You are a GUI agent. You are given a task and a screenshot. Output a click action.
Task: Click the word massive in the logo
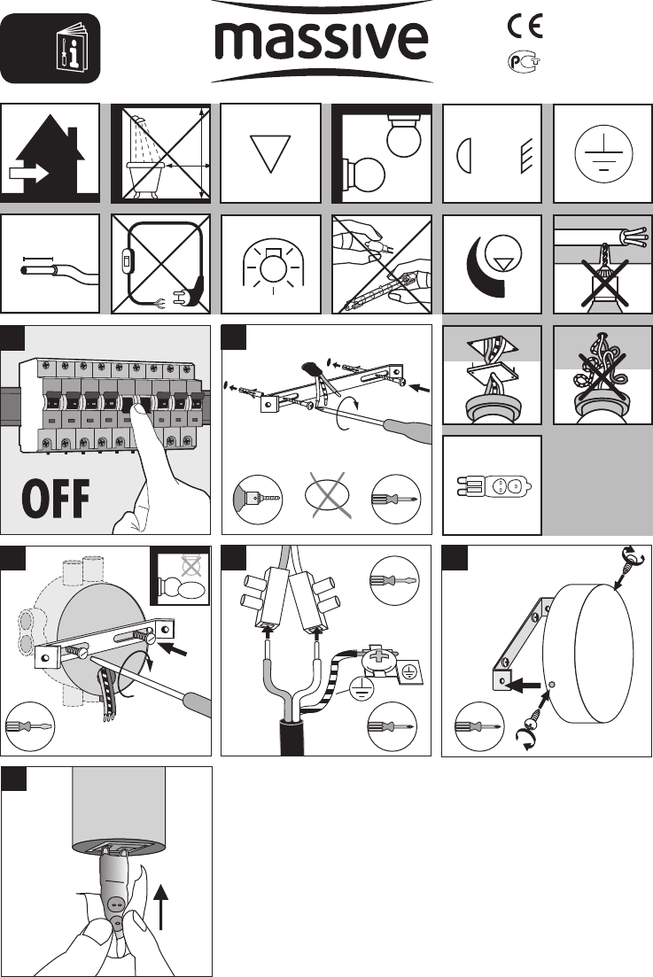coord(322,41)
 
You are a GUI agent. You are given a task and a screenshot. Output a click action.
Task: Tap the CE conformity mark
coord(525,26)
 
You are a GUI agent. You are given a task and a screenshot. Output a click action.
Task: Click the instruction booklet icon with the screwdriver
coord(73,47)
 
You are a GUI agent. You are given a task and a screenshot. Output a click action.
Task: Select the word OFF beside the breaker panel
coord(56,499)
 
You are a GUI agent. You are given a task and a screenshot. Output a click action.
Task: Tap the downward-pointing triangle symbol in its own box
coord(270,153)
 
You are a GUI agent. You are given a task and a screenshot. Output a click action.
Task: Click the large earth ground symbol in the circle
coord(603,153)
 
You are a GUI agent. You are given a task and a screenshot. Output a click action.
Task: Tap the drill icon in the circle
coord(258,499)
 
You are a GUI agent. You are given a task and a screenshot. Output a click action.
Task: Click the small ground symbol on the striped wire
coord(361,687)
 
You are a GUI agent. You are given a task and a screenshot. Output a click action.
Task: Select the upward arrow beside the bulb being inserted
coord(160,906)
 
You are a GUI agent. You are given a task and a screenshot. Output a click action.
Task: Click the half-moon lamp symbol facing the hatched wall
coord(464,155)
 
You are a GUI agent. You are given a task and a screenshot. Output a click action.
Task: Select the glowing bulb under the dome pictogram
coord(271,265)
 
